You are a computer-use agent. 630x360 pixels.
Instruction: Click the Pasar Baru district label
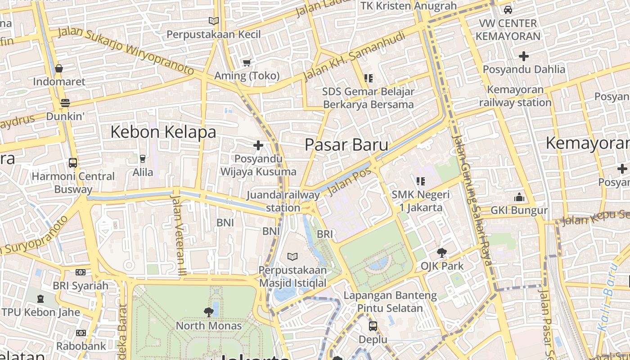(x=346, y=145)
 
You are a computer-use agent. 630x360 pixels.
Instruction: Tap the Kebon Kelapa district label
(x=163, y=132)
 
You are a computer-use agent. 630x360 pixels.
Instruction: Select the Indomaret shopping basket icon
(x=59, y=69)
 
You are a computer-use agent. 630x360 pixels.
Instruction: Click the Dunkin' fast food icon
(x=65, y=103)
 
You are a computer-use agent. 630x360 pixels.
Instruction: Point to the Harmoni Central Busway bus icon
(x=72, y=162)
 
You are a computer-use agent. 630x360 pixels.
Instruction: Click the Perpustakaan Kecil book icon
(x=213, y=21)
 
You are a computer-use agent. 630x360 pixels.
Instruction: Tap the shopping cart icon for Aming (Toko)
(x=247, y=63)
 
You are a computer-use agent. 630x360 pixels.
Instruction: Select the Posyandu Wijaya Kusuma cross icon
(x=258, y=145)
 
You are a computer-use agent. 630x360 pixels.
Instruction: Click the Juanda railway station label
(x=283, y=201)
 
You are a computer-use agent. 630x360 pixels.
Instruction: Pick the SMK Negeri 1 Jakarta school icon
(x=421, y=181)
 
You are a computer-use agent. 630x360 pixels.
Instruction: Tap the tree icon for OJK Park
(x=442, y=253)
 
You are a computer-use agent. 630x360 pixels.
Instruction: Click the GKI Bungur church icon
(x=519, y=197)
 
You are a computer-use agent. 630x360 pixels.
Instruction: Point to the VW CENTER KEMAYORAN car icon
(x=508, y=9)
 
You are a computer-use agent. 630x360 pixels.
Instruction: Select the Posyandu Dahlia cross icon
(x=524, y=56)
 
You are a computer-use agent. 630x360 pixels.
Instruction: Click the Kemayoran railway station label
(x=515, y=96)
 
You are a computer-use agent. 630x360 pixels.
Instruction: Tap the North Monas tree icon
(x=208, y=312)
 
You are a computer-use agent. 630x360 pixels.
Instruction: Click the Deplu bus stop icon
(x=373, y=326)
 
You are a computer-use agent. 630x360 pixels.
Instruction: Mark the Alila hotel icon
(x=143, y=158)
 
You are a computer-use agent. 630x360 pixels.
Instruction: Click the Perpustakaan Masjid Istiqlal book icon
(x=292, y=256)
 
